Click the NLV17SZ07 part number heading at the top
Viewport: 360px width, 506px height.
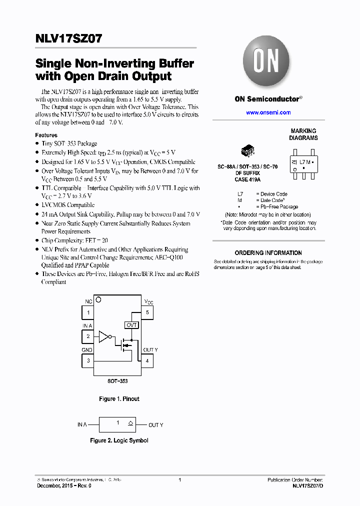pyautogui.click(x=69, y=39)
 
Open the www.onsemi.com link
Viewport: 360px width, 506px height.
pyautogui.click(x=268, y=113)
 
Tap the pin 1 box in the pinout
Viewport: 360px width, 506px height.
pyautogui.click(x=88, y=312)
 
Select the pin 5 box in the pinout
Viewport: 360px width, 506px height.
pyautogui.click(x=147, y=312)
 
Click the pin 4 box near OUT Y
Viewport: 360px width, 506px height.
pyautogui.click(x=147, y=360)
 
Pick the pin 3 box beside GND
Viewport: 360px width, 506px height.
pyautogui.click(x=88, y=360)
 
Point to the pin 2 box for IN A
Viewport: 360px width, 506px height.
pyautogui.click(x=88, y=336)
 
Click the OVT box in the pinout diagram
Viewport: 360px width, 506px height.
pyautogui.click(x=131, y=325)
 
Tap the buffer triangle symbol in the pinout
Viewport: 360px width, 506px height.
pyautogui.click(x=104, y=336)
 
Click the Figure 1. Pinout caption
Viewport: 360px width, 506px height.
pyautogui.click(x=119, y=399)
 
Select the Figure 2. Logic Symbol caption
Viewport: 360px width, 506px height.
pyautogui.click(x=119, y=440)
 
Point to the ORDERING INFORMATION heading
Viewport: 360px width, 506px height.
pyautogui.click(x=268, y=253)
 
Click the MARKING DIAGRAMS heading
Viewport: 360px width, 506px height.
pyautogui.click(x=303, y=134)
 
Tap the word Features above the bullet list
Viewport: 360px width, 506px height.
pyautogui.click(x=46, y=135)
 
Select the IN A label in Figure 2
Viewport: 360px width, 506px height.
pyautogui.click(x=82, y=424)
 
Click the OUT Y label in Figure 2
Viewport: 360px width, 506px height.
pyautogui.click(x=155, y=425)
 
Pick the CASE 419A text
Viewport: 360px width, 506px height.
pyautogui.click(x=248, y=179)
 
